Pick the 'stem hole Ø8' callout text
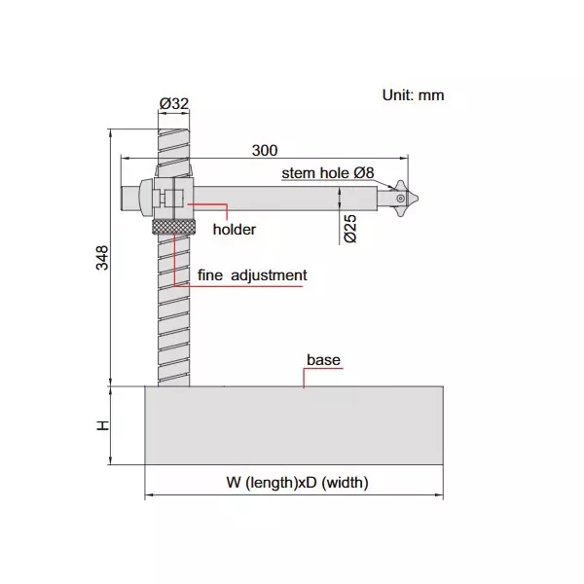pyautogui.click(x=328, y=172)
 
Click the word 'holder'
pyautogui.click(x=234, y=230)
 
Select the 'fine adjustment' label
pyautogui.click(x=252, y=275)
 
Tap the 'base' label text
pyautogui.click(x=323, y=360)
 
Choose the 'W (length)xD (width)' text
pyautogui.click(x=297, y=482)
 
